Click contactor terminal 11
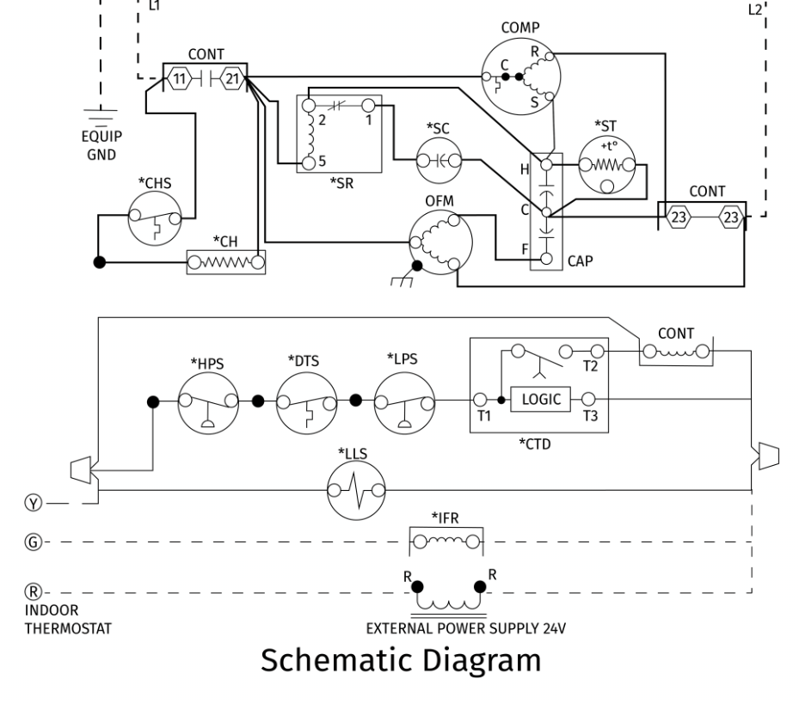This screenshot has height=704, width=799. click(x=179, y=79)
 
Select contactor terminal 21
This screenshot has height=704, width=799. click(x=232, y=79)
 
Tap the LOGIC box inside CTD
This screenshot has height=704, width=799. click(x=540, y=399)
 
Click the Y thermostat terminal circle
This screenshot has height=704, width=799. click(x=34, y=504)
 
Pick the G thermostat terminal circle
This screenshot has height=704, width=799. click(x=34, y=542)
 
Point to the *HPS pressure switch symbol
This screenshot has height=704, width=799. click(x=208, y=402)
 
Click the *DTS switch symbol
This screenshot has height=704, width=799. click(x=307, y=402)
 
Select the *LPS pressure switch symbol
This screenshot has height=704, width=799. click(x=404, y=402)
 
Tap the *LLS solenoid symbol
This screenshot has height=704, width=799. click(x=356, y=491)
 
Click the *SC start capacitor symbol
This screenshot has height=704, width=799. click(x=439, y=161)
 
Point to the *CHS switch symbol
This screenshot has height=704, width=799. click(x=155, y=218)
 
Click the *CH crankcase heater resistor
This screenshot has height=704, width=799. click(x=226, y=262)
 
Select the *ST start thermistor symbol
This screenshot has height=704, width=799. click(x=607, y=165)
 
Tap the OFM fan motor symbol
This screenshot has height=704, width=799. click(x=440, y=242)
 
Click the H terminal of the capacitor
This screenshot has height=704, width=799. click(x=546, y=164)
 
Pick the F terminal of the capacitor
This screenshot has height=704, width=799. click(x=546, y=259)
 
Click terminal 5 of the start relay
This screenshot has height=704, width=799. click(x=309, y=163)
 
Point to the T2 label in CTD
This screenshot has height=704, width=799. click(x=590, y=366)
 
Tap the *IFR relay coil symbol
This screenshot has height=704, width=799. click(x=446, y=542)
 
